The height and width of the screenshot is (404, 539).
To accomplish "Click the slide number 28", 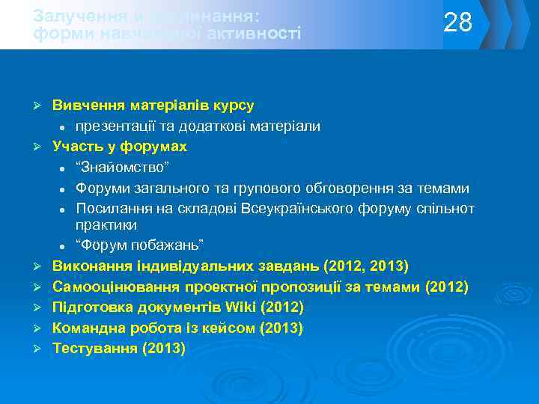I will point(458,23).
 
